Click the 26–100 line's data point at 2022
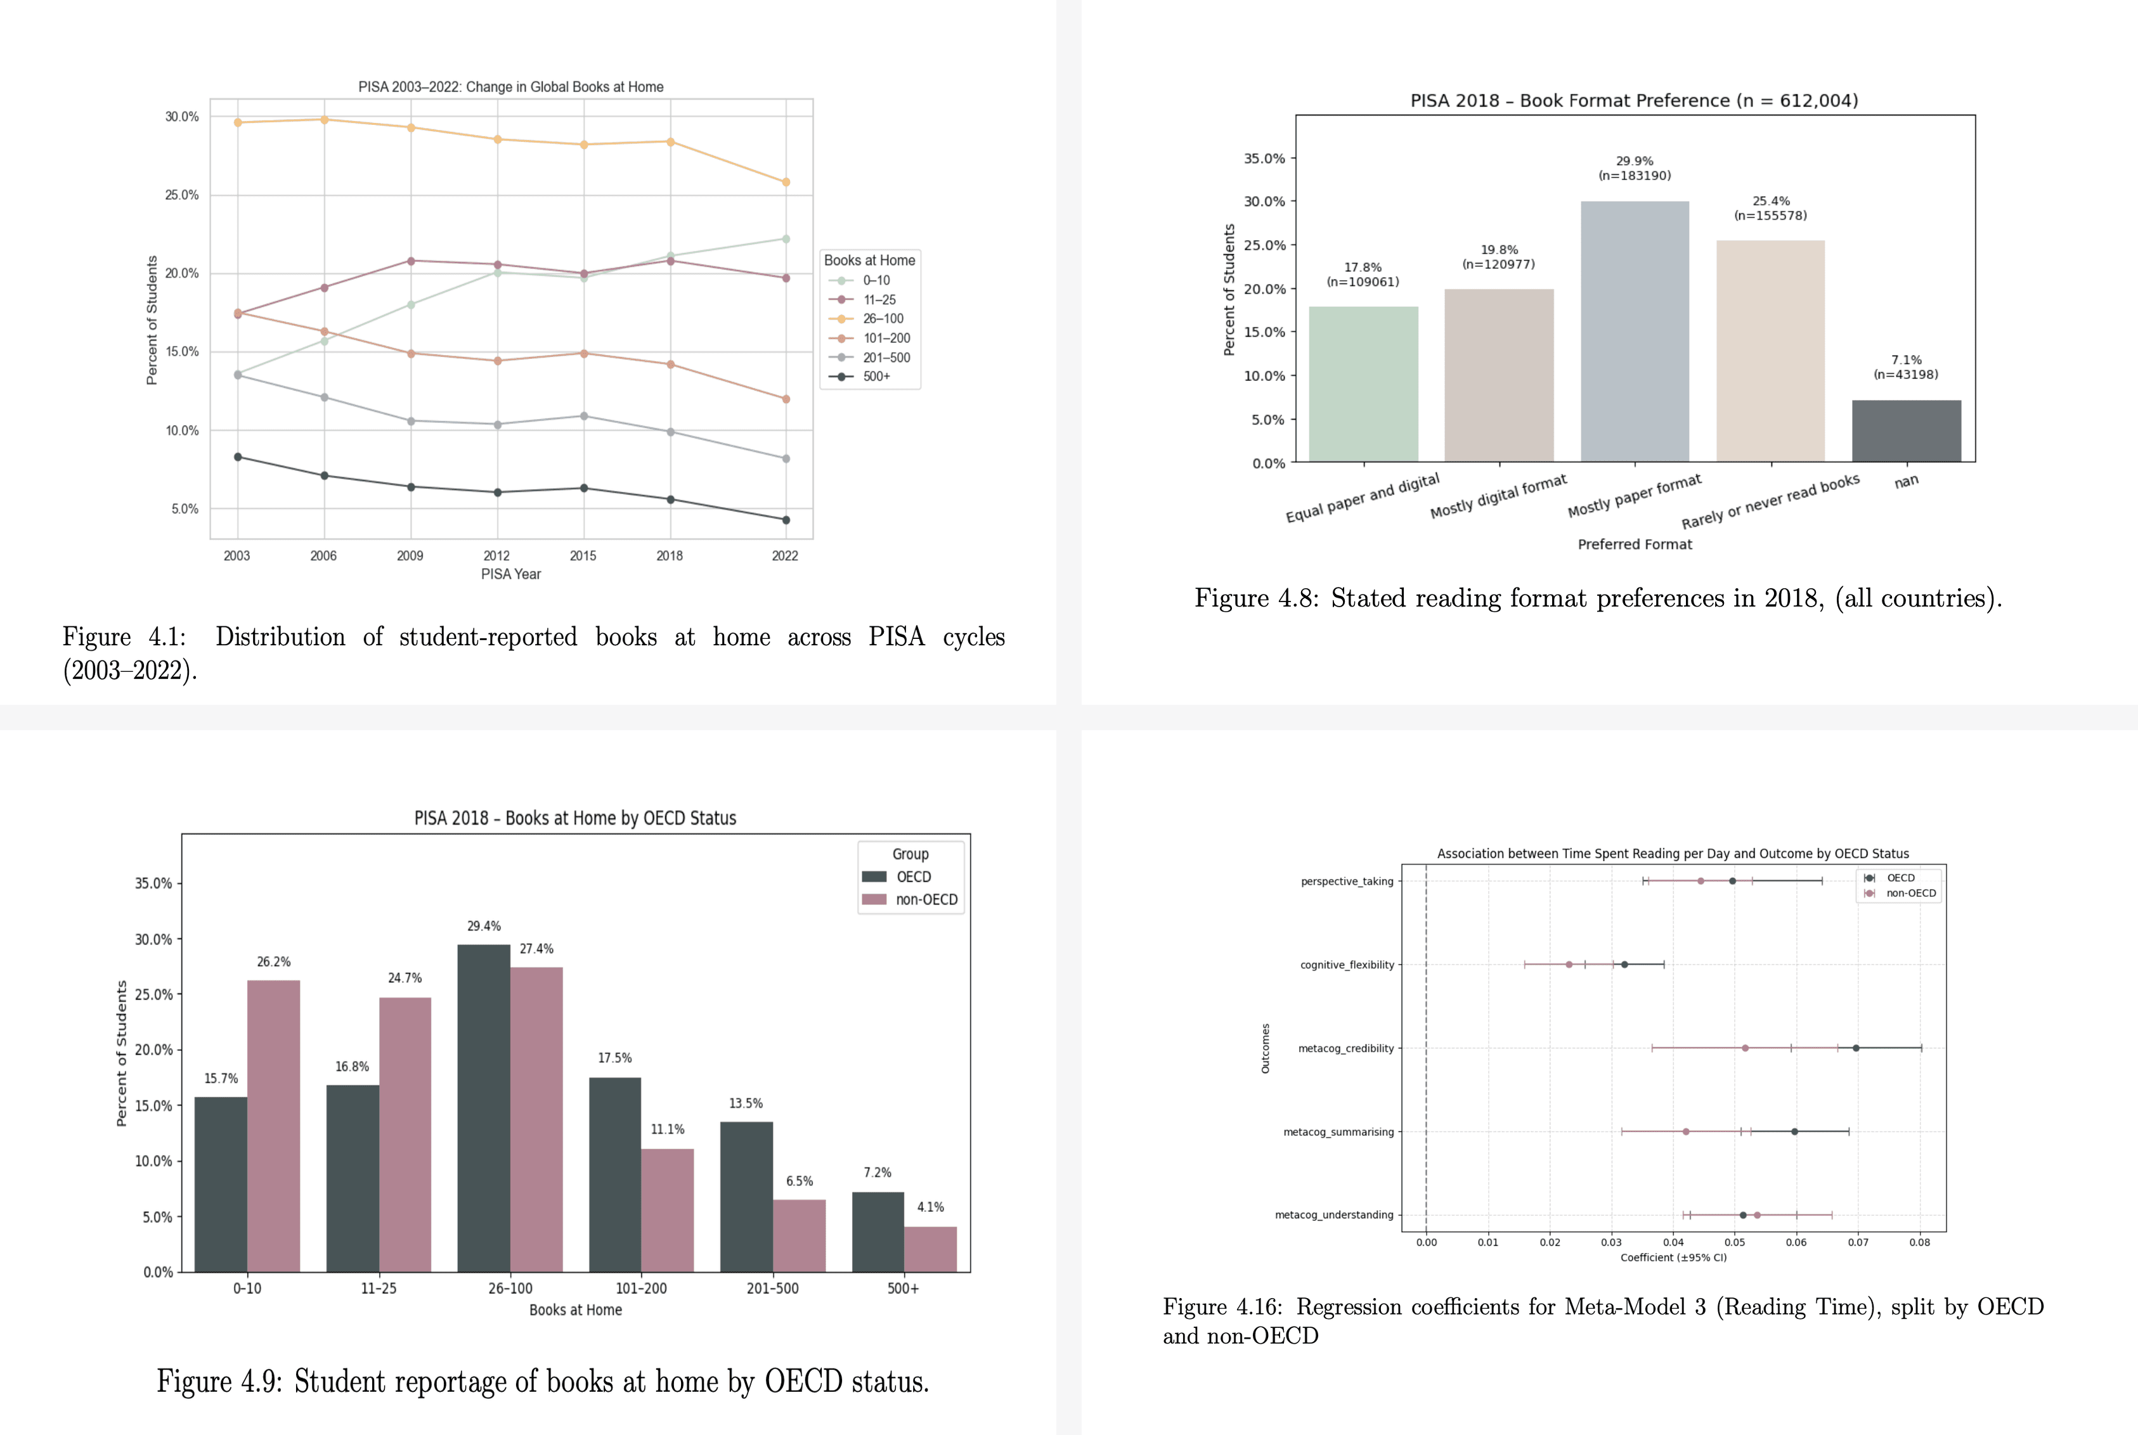pos(786,182)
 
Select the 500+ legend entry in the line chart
pos(875,376)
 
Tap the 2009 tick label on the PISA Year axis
pos(410,555)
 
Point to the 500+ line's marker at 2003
pos(238,456)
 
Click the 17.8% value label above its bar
pos(1363,267)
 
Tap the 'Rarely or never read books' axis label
pos(1770,501)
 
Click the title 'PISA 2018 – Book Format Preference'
pos(1634,101)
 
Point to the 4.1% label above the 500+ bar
pos(930,1207)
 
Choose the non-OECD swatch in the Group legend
pos(874,899)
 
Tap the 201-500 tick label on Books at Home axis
pos(772,1289)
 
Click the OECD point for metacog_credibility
pos(1855,1048)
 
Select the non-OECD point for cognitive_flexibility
pos(1569,965)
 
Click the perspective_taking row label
pos(1346,881)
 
